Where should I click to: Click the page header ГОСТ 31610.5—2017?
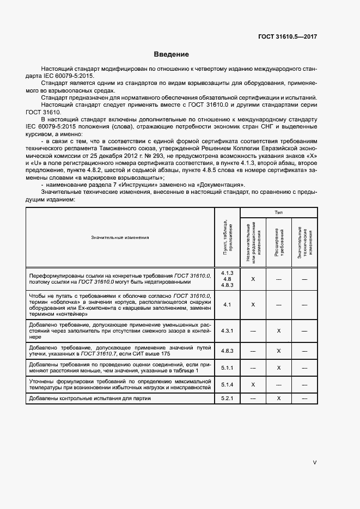288,37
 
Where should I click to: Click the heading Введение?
171,54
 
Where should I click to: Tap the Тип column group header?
278,213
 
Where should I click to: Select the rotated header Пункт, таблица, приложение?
227,237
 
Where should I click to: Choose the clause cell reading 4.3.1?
227,330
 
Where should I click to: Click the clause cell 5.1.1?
227,368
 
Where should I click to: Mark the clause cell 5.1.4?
227,384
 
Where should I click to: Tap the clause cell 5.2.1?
227,399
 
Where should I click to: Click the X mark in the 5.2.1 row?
278,399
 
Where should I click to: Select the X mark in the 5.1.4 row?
253,384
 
